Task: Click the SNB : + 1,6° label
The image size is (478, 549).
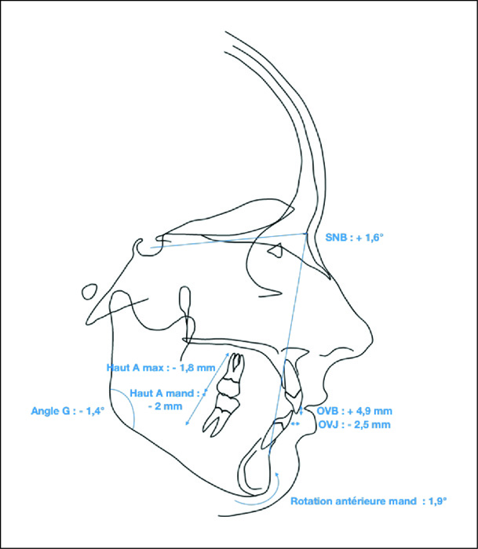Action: pyautogui.click(x=354, y=238)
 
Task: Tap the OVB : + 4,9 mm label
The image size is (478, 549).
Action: pyautogui.click(x=354, y=411)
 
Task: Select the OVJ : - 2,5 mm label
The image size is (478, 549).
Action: pyautogui.click(x=354, y=425)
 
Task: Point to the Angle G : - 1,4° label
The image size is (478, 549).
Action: pyautogui.click(x=68, y=411)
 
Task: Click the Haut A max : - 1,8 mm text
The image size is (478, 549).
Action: pyautogui.click(x=161, y=368)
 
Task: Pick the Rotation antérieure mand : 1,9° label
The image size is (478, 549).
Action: pyautogui.click(x=369, y=501)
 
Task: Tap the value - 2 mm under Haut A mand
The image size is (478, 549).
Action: pyautogui.click(x=165, y=406)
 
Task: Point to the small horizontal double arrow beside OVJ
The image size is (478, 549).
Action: pyautogui.click(x=295, y=424)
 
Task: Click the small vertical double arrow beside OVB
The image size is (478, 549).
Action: pyautogui.click(x=301, y=411)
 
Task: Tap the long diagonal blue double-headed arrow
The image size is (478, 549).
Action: pyautogui.click(x=207, y=389)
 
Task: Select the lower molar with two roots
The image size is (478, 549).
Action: pyautogui.click(x=221, y=414)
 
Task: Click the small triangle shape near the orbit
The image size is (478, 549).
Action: pyautogui.click(x=275, y=249)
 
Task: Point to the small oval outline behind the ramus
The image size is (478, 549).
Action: pyautogui.click(x=89, y=292)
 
